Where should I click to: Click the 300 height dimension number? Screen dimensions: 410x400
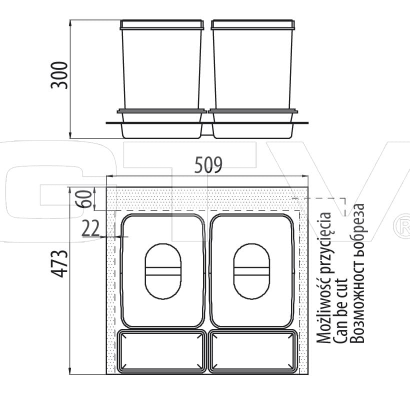point(59,75)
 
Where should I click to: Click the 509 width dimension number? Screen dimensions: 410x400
point(208,164)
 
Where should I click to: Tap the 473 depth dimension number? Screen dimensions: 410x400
point(59,263)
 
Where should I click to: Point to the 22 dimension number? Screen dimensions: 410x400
point(90,228)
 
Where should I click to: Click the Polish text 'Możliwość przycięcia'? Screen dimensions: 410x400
point(324,277)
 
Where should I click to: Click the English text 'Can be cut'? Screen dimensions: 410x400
point(340,310)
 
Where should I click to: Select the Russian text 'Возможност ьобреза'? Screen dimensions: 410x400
point(356,273)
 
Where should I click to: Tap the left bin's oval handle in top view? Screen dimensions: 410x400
point(163,271)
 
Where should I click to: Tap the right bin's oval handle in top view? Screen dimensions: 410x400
point(251,271)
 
